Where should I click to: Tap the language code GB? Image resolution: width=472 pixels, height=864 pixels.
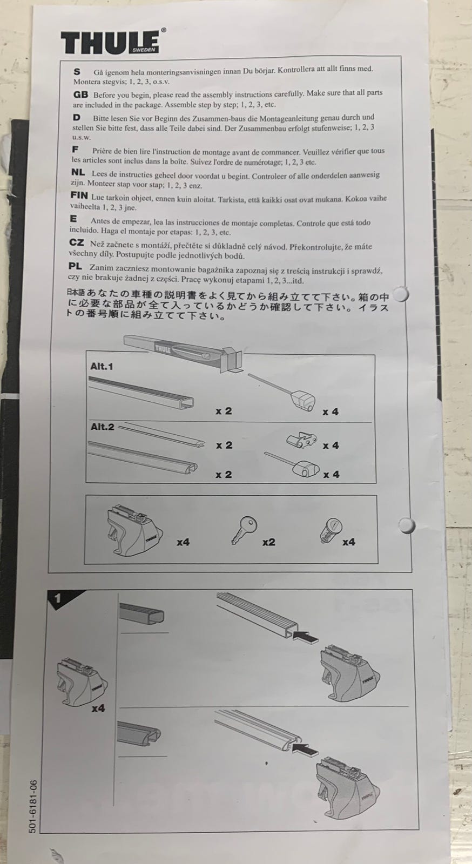pos(80,94)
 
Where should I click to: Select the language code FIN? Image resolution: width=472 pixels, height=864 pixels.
pos(79,195)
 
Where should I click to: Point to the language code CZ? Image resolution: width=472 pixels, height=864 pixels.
pos(76,243)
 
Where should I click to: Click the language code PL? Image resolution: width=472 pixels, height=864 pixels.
pos(75,267)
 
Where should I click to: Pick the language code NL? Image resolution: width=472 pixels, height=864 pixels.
pos(78,173)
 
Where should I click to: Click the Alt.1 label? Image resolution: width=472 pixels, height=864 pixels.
pos(102,367)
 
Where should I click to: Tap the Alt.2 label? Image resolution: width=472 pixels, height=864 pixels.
pos(102,427)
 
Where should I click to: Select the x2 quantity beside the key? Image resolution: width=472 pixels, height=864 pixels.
pos(269,542)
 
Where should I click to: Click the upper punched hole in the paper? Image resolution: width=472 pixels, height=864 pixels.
pos(401,294)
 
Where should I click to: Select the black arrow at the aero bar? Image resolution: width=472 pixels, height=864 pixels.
pos(305,749)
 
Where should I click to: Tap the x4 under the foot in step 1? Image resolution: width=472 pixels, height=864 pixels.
pos(98,708)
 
